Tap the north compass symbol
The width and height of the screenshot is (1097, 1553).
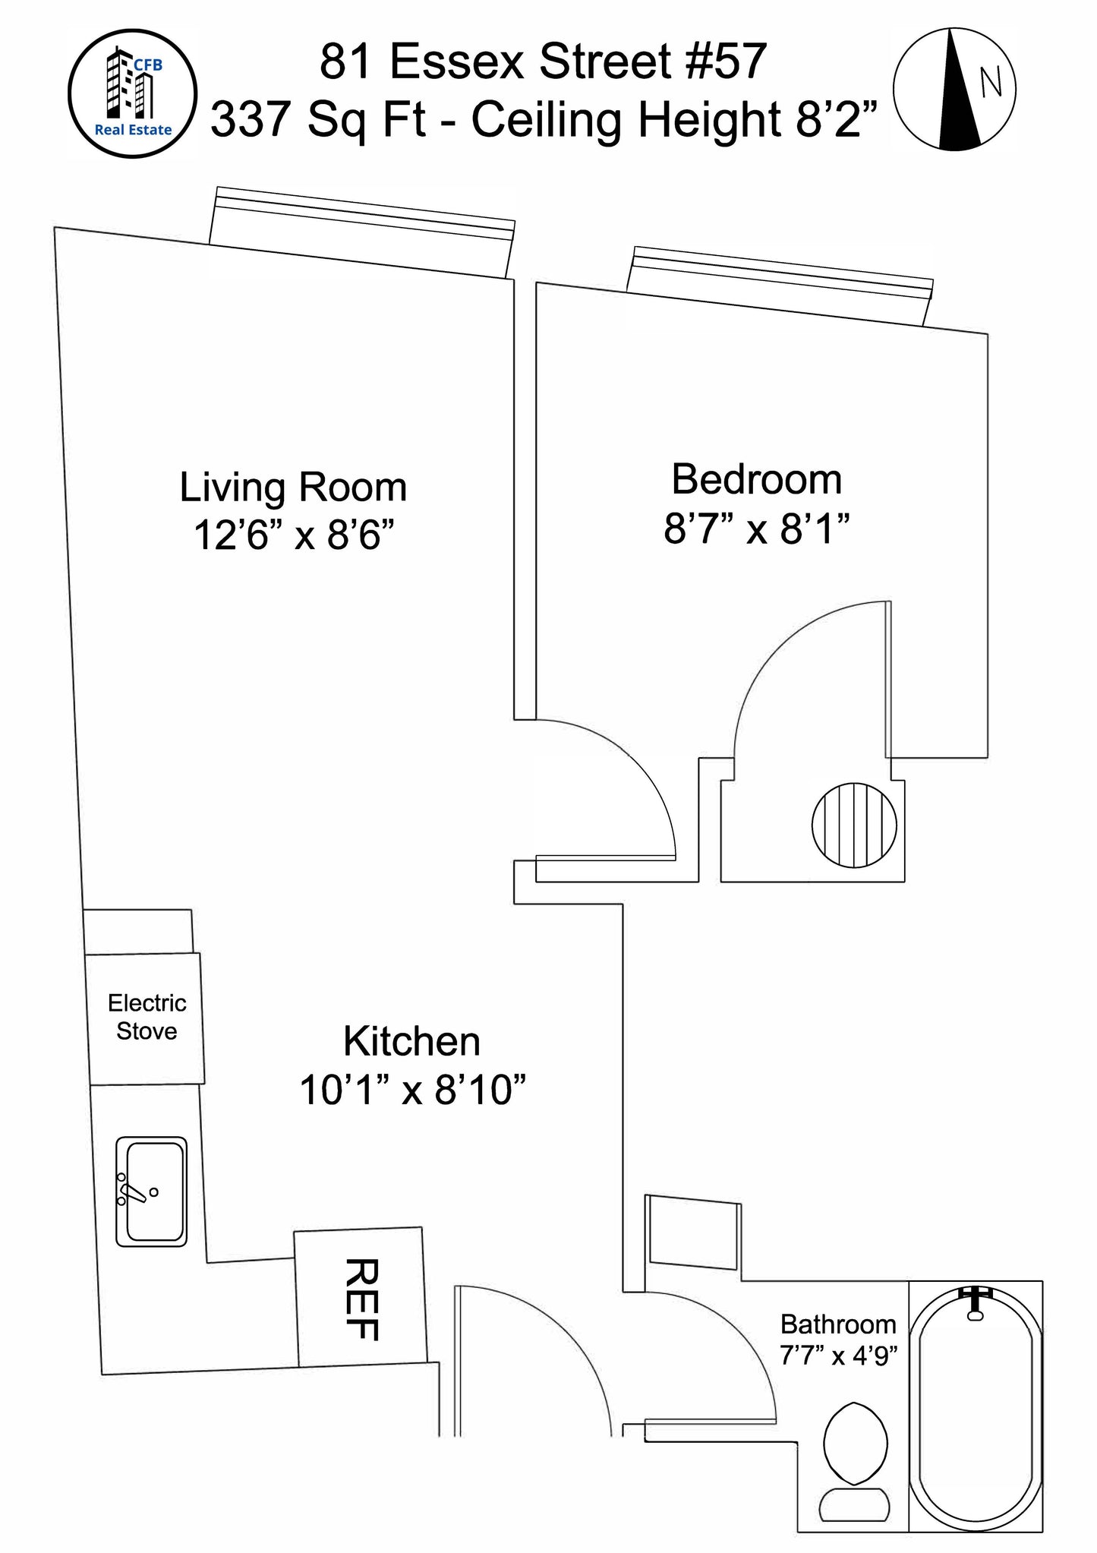954,89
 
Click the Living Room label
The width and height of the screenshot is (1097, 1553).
293,487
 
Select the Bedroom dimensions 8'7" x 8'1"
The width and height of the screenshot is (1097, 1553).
756,529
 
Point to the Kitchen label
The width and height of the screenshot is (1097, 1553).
411,1041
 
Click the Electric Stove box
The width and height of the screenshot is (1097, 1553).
146,1018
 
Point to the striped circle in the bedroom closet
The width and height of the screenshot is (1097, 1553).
854,825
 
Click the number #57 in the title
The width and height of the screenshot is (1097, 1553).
726,62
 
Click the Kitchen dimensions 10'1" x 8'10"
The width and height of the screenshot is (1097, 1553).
413,1091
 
